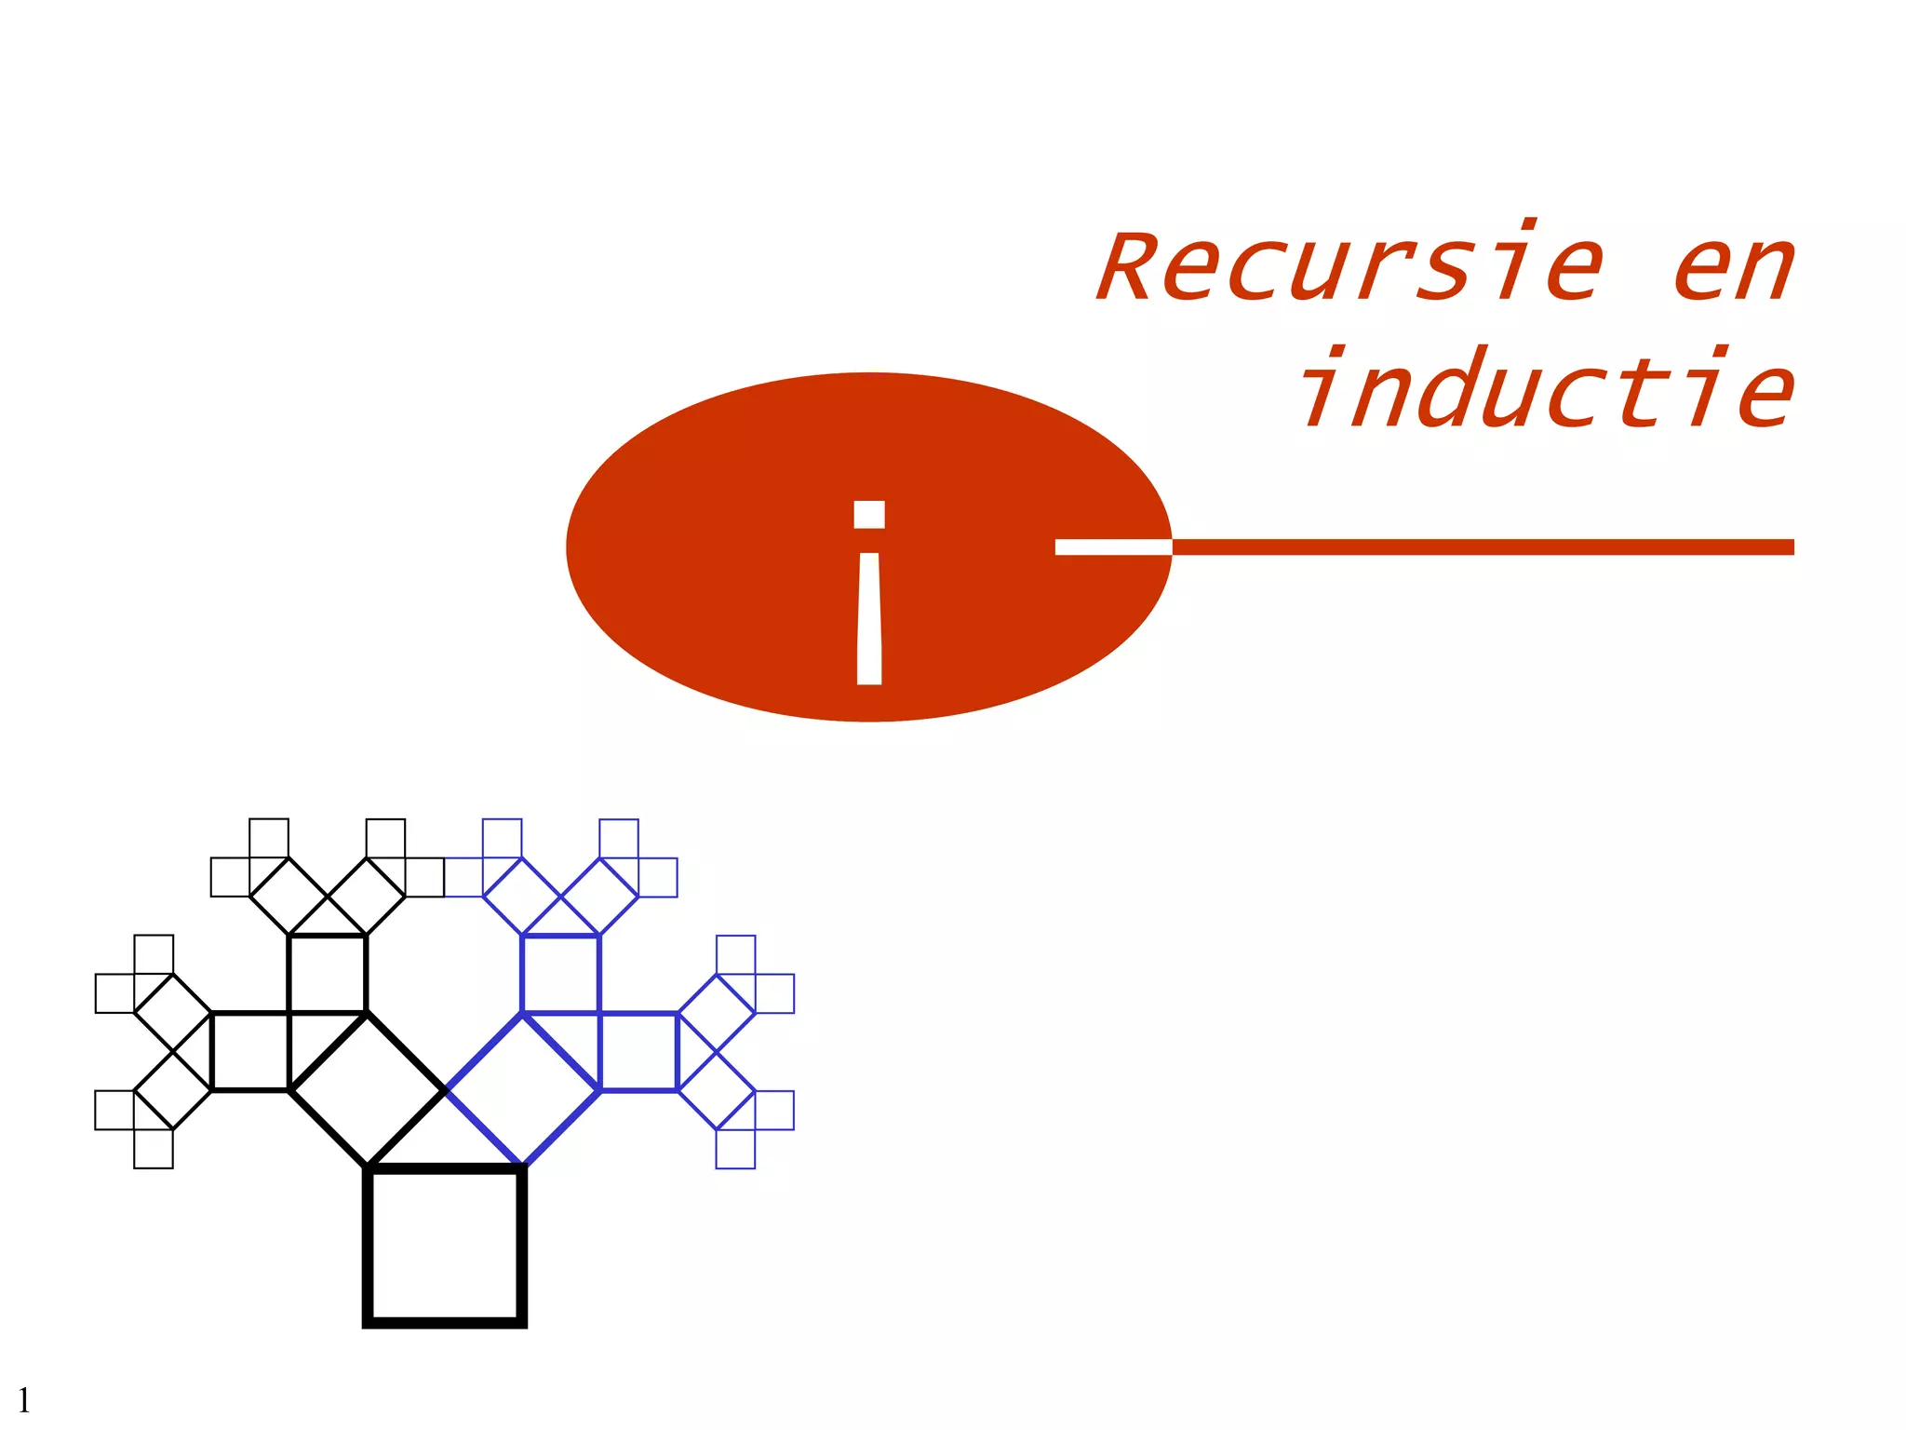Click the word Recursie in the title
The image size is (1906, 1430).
tap(1349, 268)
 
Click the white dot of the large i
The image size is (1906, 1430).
tap(869, 515)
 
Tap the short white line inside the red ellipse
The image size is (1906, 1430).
tap(1112, 546)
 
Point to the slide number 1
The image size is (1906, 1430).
tap(23, 1399)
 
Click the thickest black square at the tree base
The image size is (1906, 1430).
tap(445, 1245)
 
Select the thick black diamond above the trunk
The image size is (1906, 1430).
tap(368, 1089)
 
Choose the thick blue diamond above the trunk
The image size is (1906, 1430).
tap(523, 1089)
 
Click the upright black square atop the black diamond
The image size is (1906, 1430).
tap(328, 974)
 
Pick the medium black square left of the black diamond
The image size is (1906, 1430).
tap(250, 1050)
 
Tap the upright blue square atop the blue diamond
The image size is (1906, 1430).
tap(561, 974)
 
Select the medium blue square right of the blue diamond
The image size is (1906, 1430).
tap(638, 1050)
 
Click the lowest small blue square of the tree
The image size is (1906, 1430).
tap(735, 1149)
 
